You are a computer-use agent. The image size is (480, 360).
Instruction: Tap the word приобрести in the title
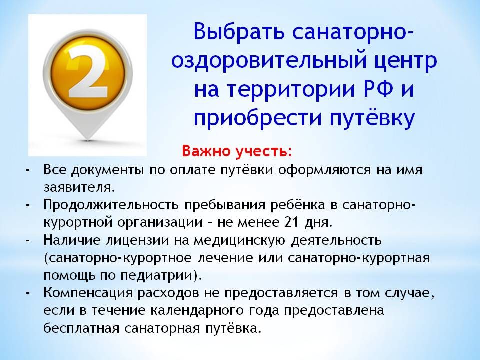pos(258,119)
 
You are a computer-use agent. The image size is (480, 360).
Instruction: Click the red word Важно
pos(206,151)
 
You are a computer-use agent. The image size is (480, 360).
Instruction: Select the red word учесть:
pos(264,151)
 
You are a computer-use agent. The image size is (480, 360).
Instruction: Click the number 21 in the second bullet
pos(292,222)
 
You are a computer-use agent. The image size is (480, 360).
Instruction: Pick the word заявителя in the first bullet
pos(79,187)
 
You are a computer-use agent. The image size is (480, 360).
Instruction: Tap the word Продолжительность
pos(111,205)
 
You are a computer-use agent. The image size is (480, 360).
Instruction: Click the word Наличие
pos(72,240)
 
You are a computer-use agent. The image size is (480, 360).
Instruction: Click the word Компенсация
pos(88,293)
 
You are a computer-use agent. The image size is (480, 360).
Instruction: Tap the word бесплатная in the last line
pos(81,328)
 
